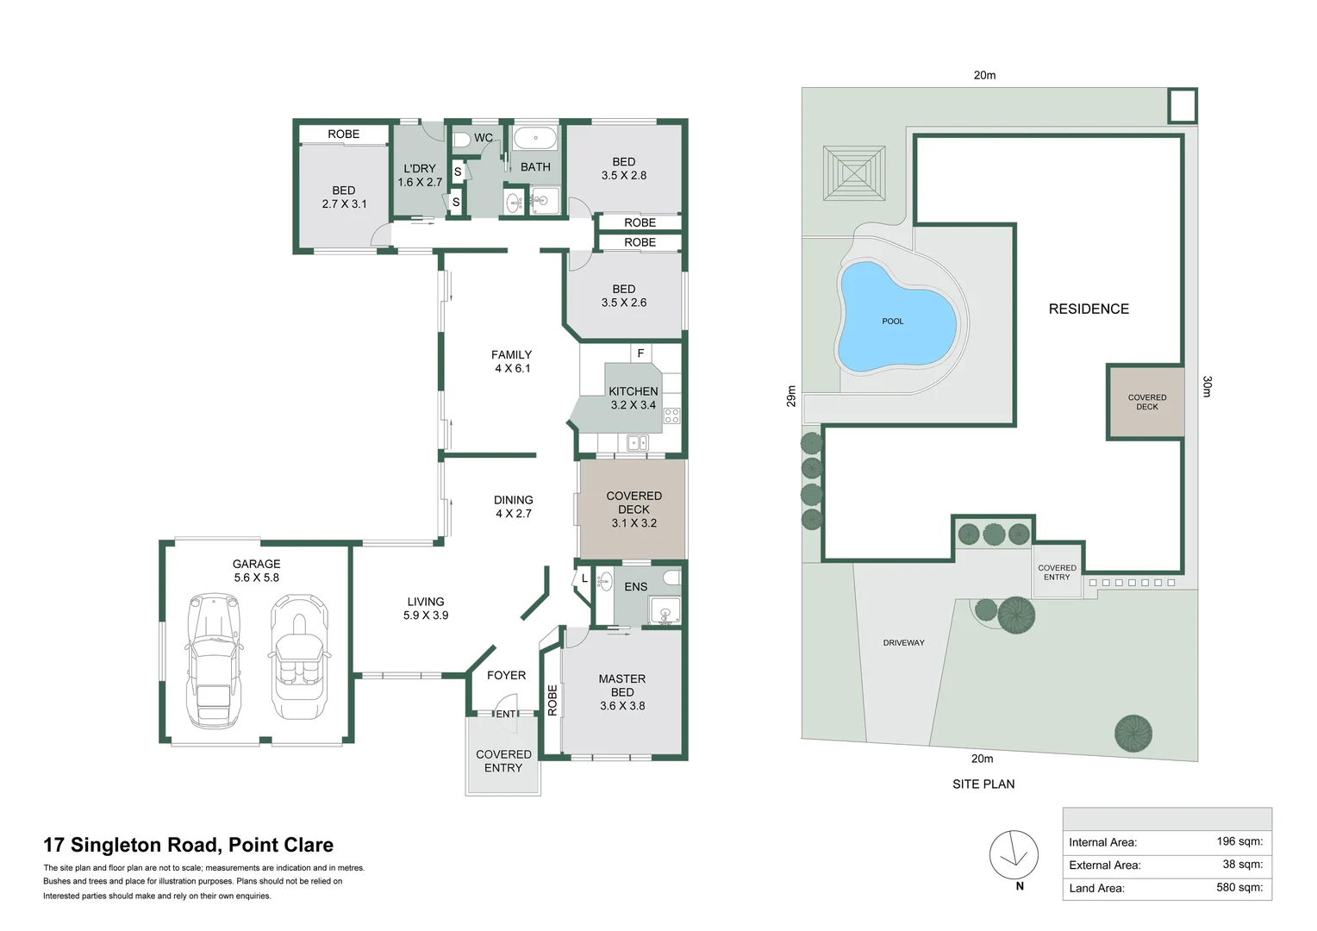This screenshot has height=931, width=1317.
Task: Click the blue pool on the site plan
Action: (895, 319)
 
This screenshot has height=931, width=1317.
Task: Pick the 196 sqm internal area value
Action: (1239, 841)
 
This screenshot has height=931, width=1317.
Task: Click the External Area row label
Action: (1104, 865)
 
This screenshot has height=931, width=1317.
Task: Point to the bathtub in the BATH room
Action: (535, 138)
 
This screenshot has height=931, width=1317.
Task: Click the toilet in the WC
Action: (460, 139)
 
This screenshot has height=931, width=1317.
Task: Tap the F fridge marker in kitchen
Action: (640, 353)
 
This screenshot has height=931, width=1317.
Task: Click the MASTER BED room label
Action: (621, 692)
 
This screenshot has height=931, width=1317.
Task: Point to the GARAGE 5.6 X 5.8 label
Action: (256, 571)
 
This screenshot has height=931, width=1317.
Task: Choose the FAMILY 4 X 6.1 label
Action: (512, 361)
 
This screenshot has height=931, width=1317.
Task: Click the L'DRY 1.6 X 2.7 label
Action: (420, 175)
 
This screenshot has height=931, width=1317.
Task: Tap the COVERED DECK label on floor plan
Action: (634, 509)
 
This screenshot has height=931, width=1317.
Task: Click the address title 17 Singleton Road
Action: (188, 845)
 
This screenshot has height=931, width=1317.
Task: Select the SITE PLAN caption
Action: (983, 784)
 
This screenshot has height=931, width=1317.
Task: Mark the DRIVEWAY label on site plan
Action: (903, 643)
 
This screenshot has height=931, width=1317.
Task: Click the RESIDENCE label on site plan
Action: (1089, 309)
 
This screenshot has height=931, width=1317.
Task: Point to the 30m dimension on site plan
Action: (1207, 386)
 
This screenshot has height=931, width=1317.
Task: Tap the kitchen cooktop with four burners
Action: (671, 416)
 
